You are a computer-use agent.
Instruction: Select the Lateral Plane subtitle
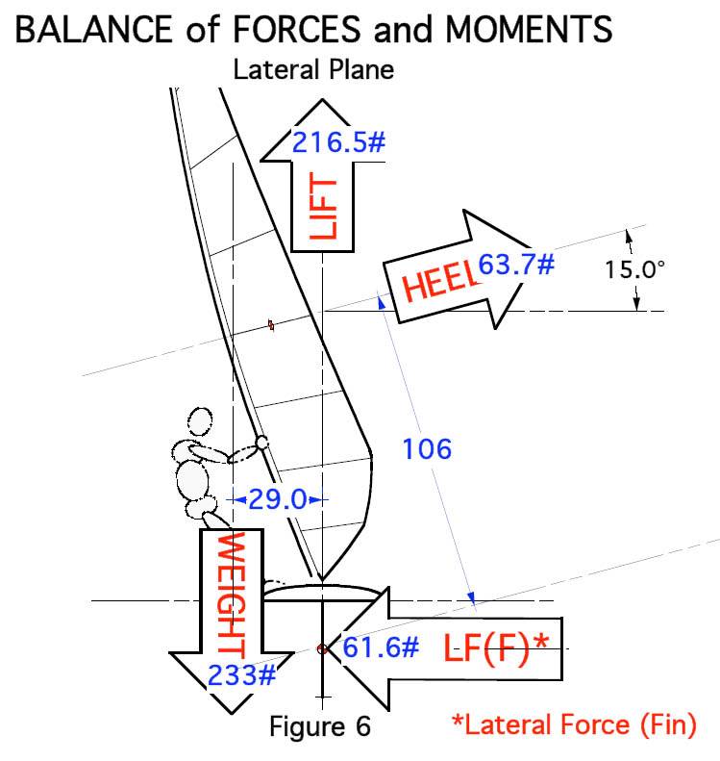click(x=313, y=70)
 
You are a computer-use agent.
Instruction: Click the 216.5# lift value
click(x=338, y=142)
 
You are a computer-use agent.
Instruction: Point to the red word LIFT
click(x=324, y=208)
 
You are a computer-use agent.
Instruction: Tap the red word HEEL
click(x=437, y=281)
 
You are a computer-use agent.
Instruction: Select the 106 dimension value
click(x=426, y=448)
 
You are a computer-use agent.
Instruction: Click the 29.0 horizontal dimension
click(x=278, y=499)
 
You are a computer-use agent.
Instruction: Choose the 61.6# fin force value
click(x=381, y=647)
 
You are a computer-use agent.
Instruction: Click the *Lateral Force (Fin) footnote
click(x=574, y=724)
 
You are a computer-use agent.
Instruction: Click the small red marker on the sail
click(x=272, y=326)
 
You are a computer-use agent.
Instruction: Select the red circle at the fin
click(x=323, y=649)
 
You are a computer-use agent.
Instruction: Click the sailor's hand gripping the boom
click(x=261, y=444)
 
